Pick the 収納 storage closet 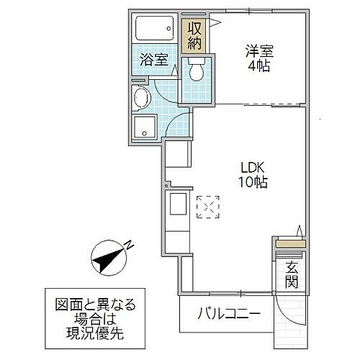[194, 32]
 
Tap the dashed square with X [207, 207]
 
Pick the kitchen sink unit [177, 210]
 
